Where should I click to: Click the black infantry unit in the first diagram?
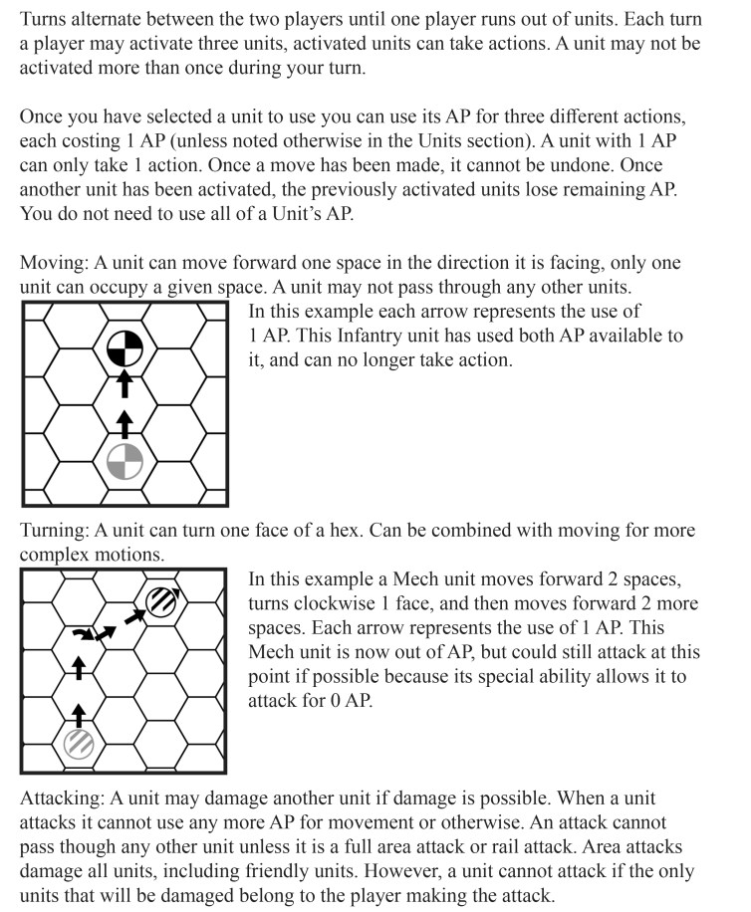coord(125,347)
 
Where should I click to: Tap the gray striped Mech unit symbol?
coord(80,742)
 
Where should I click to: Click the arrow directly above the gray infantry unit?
coord(125,424)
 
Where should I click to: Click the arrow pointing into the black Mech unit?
coord(133,618)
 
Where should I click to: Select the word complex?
coord(52,554)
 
